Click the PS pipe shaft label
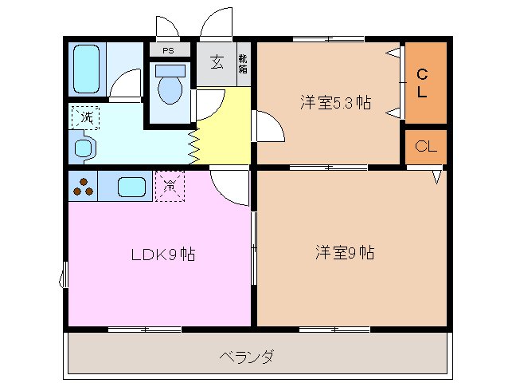pyautogui.click(x=168, y=50)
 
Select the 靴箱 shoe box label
pyautogui.click(x=243, y=64)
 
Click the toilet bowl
pyautogui.click(x=170, y=88)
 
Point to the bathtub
pyautogui.click(x=85, y=69)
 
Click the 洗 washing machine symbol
pyautogui.click(x=84, y=118)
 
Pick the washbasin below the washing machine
pyautogui.click(x=83, y=148)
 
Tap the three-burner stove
pyautogui.click(x=83, y=187)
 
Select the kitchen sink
pyautogui.click(x=131, y=187)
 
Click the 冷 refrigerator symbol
pyautogui.click(x=170, y=186)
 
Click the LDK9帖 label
pyautogui.click(x=163, y=255)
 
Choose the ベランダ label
pyautogui.click(x=246, y=356)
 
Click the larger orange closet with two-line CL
pyautogui.click(x=424, y=83)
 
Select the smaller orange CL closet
pyautogui.click(x=426, y=147)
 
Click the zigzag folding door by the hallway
pyautogui.click(x=193, y=144)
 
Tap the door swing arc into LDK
pyautogui.click(x=229, y=188)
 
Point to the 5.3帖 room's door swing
pyautogui.click(x=268, y=126)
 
